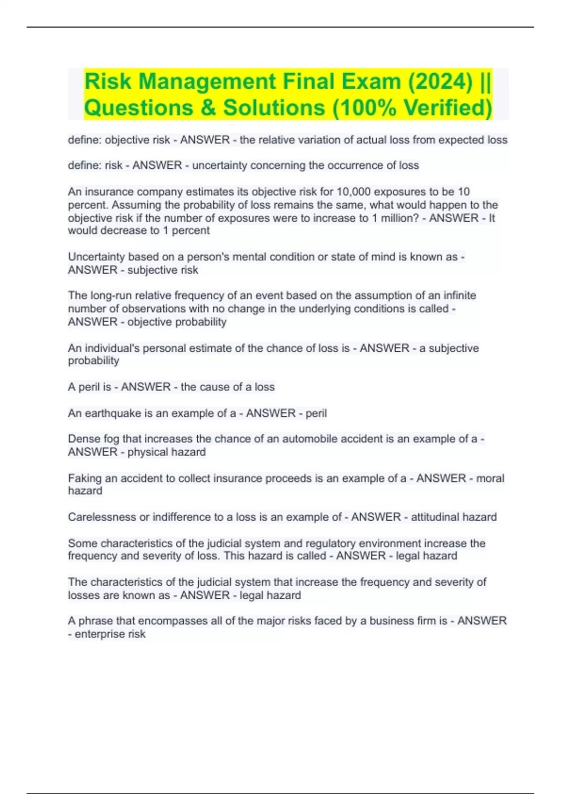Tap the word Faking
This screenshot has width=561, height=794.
(x=84, y=478)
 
